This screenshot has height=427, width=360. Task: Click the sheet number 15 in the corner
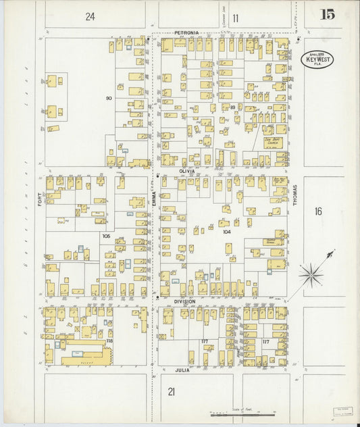(x=328, y=14)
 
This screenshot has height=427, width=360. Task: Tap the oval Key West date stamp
(x=316, y=59)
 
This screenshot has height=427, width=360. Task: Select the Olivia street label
(x=186, y=172)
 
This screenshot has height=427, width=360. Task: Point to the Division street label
(x=184, y=301)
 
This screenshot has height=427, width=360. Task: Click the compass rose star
(x=311, y=273)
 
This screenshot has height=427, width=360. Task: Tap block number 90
(x=108, y=99)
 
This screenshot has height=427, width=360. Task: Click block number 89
(x=232, y=107)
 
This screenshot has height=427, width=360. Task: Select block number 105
(x=106, y=236)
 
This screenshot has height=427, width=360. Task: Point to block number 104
(x=227, y=231)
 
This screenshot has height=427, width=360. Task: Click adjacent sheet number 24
(x=90, y=17)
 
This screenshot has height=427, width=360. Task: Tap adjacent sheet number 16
(x=317, y=211)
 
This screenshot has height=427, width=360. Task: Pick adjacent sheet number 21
(x=172, y=391)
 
